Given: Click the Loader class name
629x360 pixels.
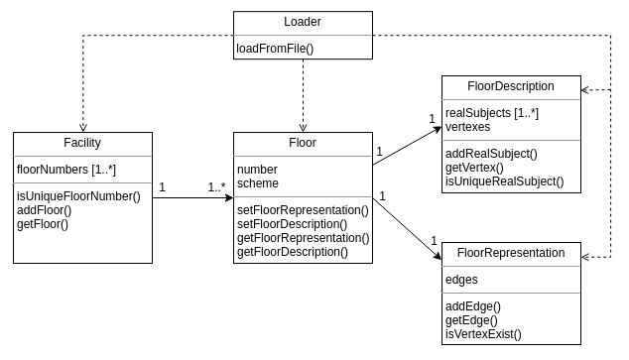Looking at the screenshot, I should click(304, 22).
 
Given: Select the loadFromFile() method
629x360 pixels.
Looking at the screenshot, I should click(275, 48).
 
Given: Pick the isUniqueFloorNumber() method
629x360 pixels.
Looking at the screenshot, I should click(78, 195).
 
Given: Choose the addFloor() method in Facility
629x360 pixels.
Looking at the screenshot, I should click(42, 209).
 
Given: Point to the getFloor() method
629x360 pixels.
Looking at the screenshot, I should click(42, 223).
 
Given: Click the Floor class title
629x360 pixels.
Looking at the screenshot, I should click(302, 143).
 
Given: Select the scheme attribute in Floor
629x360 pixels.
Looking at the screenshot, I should click(258, 182).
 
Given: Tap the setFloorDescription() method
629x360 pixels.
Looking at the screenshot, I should click(298, 223).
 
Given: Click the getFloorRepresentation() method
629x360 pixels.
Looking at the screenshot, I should click(303, 237).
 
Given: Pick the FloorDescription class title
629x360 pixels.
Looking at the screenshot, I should click(511, 86).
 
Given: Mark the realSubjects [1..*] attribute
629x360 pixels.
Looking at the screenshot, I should click(492, 113).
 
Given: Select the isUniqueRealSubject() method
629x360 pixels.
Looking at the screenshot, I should click(504, 180).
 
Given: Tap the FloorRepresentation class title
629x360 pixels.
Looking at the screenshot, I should click(511, 253).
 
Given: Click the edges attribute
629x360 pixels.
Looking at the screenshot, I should click(462, 280).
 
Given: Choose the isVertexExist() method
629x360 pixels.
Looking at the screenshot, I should click(483, 334).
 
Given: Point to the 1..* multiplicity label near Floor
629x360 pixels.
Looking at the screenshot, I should click(217, 185).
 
